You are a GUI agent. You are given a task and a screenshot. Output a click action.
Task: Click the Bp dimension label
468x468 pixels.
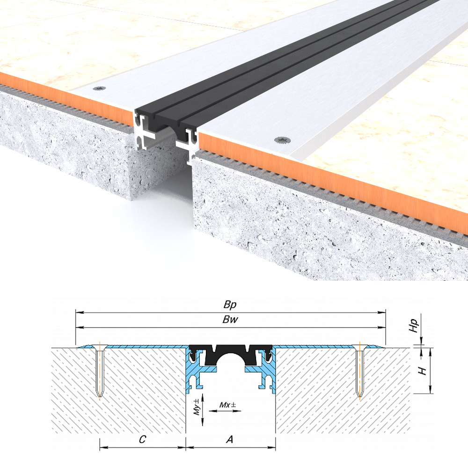[230, 305]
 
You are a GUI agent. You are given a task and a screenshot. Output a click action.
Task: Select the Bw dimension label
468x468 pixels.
[230, 320]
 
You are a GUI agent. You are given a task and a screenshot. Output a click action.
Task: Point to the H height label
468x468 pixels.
[422, 371]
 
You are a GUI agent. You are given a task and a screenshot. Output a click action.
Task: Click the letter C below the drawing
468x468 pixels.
[143, 439]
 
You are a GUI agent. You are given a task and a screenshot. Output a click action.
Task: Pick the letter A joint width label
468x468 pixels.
[229, 439]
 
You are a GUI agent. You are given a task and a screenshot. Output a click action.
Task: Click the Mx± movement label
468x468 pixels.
[227, 405]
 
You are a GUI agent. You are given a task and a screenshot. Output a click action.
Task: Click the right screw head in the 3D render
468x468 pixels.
[281, 139]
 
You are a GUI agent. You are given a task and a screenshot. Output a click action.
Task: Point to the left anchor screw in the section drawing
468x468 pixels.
[100, 371]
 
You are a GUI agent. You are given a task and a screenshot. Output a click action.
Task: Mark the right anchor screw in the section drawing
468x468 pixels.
[359, 371]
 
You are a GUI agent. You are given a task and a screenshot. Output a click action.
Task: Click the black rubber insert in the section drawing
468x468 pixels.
[230, 351]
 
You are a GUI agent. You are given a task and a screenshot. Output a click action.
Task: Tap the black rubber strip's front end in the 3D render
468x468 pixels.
[166, 119]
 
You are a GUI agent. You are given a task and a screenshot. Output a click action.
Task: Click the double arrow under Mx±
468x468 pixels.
[225, 411]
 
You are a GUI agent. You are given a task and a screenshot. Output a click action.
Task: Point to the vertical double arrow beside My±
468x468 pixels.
[202, 409]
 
